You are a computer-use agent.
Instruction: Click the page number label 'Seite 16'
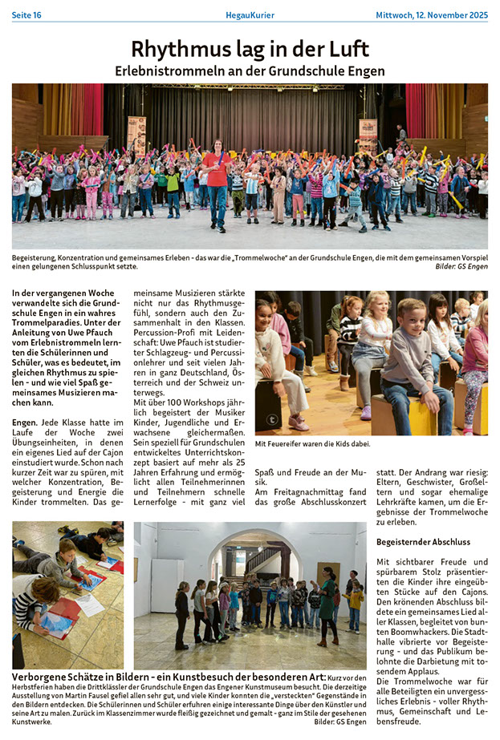tap(26, 15)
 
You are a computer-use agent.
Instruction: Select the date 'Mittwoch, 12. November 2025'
tap(432, 15)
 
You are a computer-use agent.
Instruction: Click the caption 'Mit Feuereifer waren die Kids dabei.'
tap(312, 443)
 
